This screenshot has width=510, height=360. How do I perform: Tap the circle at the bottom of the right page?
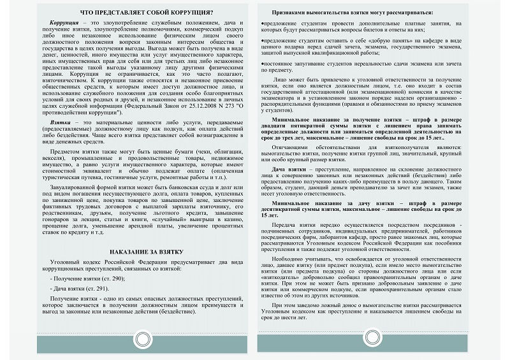(372, 337)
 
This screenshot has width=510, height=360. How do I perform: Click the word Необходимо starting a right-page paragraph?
(293, 260)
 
